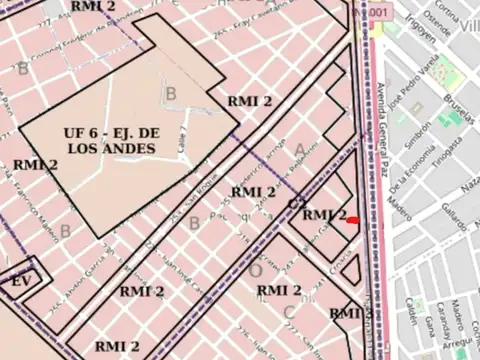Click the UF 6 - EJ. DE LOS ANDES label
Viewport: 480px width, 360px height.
pyautogui.click(x=110, y=140)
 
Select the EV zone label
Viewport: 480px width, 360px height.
pyautogui.click(x=21, y=282)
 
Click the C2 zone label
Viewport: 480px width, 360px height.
pyautogui.click(x=297, y=204)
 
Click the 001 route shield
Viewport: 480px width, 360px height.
pyautogui.click(x=377, y=11)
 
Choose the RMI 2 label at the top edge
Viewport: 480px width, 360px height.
pyautogui.click(x=93, y=6)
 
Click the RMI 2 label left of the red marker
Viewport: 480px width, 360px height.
pyautogui.click(x=323, y=215)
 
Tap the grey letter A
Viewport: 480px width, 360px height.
pyautogui.click(x=299, y=150)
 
